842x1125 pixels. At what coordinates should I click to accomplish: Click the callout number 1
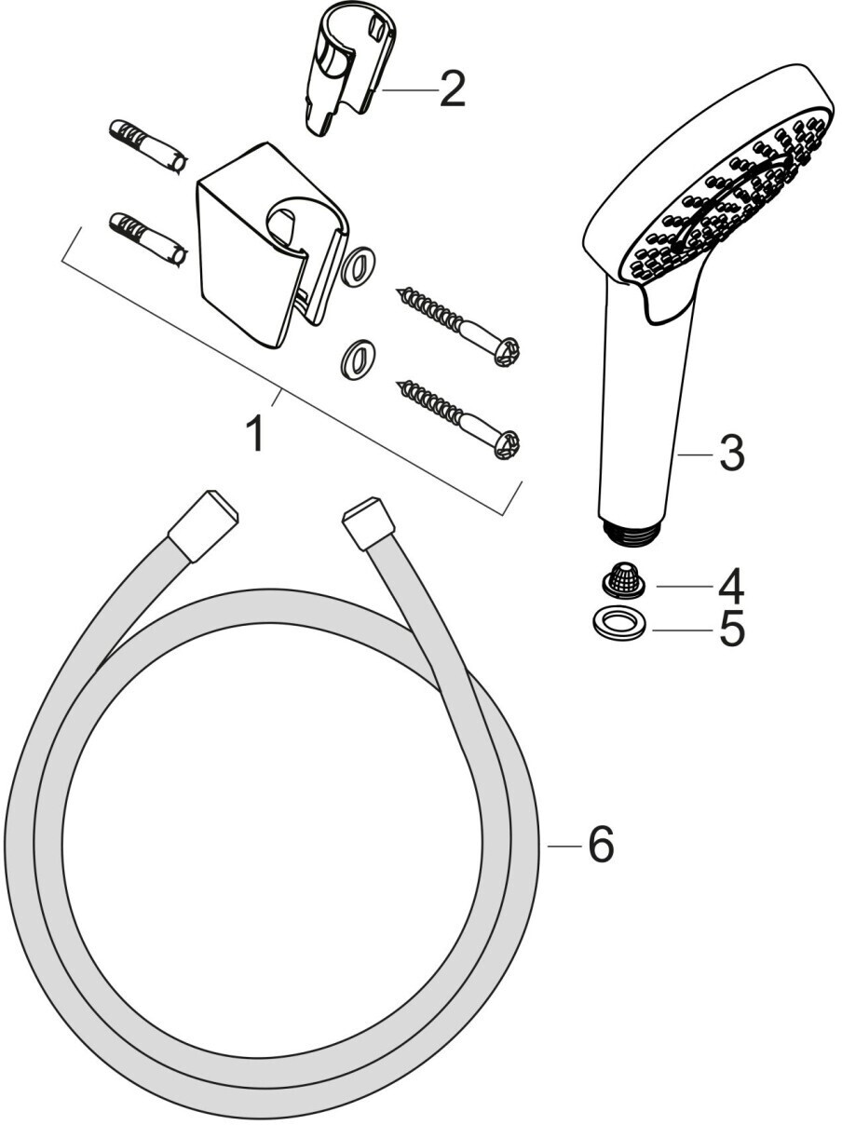[255, 433]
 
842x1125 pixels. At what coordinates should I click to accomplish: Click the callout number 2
[452, 88]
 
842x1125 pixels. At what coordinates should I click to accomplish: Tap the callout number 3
[731, 454]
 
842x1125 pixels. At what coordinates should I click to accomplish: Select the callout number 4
[731, 586]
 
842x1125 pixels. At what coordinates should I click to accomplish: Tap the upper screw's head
[507, 350]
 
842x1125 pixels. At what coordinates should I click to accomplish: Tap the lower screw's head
[507, 444]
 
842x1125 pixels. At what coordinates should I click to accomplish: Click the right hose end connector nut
[370, 522]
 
